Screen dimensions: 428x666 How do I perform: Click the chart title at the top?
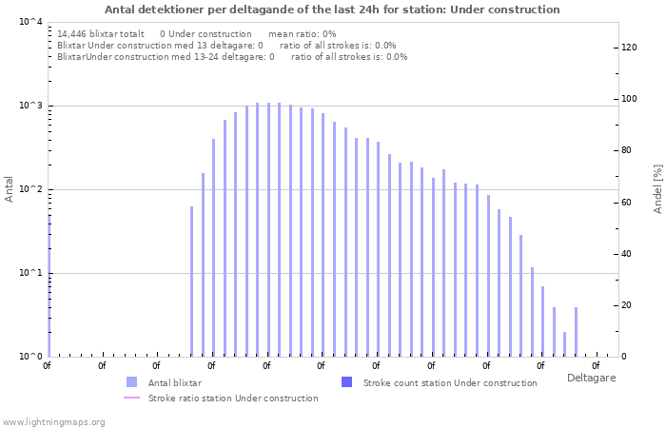coord(332,10)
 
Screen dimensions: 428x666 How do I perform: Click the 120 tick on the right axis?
coord(630,48)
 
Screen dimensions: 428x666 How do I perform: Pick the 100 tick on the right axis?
coord(630,99)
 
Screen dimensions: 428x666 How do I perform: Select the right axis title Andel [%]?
coord(657,188)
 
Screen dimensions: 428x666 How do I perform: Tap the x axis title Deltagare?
coord(591,378)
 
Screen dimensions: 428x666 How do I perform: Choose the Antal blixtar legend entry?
coord(167,382)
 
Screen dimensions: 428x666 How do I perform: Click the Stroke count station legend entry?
coord(450,382)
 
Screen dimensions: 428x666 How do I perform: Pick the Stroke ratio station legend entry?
coord(233,398)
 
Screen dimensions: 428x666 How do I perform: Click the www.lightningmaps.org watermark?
coord(53,421)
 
